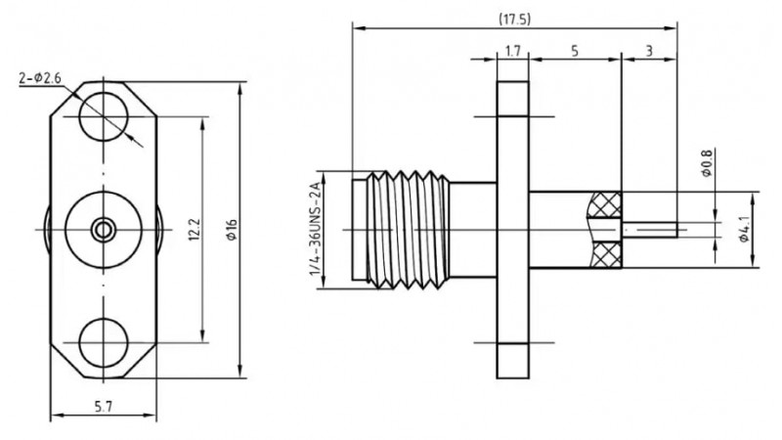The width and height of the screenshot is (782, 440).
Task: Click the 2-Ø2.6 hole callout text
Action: pyautogui.click(x=41, y=77)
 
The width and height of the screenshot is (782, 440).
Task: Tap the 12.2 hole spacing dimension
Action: pyautogui.click(x=194, y=231)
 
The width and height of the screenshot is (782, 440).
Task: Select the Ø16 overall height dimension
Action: pyautogui.click(x=232, y=231)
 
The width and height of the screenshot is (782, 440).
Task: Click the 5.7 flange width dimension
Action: pyautogui.click(x=104, y=407)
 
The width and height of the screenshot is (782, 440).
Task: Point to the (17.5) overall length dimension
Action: pyautogui.click(x=514, y=19)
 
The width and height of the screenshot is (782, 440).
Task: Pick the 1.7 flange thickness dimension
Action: pyautogui.click(x=513, y=49)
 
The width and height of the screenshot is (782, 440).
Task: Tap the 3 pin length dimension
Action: pyautogui.click(x=649, y=49)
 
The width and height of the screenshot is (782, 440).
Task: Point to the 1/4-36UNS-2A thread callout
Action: pyautogui.click(x=315, y=231)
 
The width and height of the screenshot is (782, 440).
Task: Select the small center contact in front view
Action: pyautogui.click(x=102, y=231)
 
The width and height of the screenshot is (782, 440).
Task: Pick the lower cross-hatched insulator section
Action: pyautogui.click(x=603, y=256)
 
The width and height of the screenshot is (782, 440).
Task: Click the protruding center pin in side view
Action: pyautogui.click(x=651, y=231)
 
